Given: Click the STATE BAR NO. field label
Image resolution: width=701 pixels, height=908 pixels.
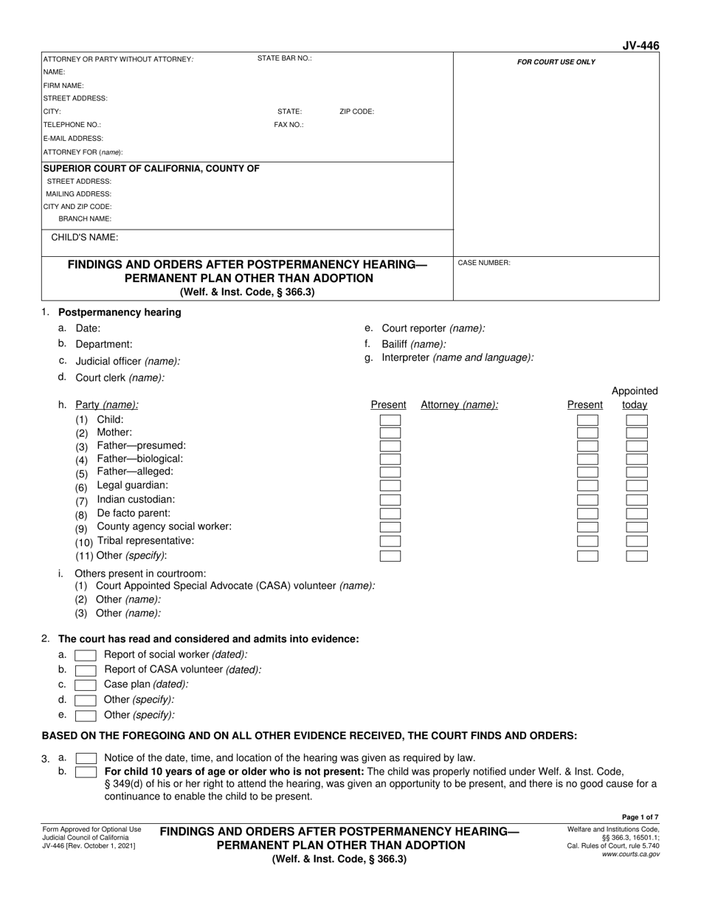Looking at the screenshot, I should [x=284, y=58].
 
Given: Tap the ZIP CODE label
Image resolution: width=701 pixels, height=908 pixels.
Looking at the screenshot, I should [x=356, y=112].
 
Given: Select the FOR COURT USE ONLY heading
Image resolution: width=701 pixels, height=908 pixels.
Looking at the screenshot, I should [x=556, y=62].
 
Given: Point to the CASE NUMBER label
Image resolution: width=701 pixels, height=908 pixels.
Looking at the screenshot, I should [x=484, y=263].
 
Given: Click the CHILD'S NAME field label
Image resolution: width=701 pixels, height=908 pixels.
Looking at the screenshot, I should [x=84, y=238].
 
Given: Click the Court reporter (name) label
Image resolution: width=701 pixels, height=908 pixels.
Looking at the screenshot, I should [x=433, y=329].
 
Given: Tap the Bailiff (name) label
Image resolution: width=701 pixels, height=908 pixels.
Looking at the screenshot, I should [x=413, y=344].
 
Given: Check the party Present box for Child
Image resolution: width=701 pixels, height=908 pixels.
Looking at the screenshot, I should [x=390, y=420].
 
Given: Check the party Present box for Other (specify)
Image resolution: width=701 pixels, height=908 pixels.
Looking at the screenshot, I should [x=390, y=556].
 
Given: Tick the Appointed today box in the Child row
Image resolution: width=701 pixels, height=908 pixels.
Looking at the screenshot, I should [x=636, y=420].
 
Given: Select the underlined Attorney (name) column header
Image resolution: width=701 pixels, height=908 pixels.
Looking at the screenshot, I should [x=459, y=405].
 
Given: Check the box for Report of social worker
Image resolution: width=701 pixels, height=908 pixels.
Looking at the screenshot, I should [x=86, y=655].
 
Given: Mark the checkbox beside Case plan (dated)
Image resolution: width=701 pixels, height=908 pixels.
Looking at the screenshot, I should [x=86, y=685].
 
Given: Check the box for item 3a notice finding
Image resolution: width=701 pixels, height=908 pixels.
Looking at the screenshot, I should [x=86, y=758].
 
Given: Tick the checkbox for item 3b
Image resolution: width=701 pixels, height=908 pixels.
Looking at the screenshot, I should [x=86, y=771].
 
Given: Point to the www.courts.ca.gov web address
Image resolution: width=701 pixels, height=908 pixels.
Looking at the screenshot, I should [x=632, y=854].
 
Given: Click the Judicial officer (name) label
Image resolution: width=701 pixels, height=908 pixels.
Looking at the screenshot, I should [x=128, y=362].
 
